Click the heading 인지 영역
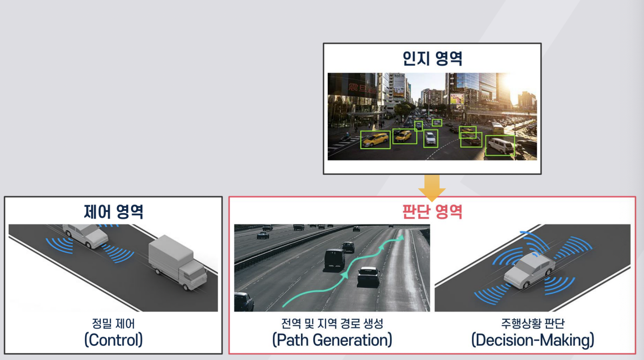(432, 59)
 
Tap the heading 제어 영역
(113, 211)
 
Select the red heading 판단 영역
(432, 211)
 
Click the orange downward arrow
(432, 187)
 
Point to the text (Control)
(113, 340)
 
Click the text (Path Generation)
(332, 340)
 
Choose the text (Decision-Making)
(533, 340)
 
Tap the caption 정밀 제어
(113, 324)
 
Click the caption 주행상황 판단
(533, 324)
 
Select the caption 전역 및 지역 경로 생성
(332, 324)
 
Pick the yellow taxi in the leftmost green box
(375, 140)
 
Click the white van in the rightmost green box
(500, 146)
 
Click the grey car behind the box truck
(86, 235)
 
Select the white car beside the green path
(368, 276)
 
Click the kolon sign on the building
(399, 77)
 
